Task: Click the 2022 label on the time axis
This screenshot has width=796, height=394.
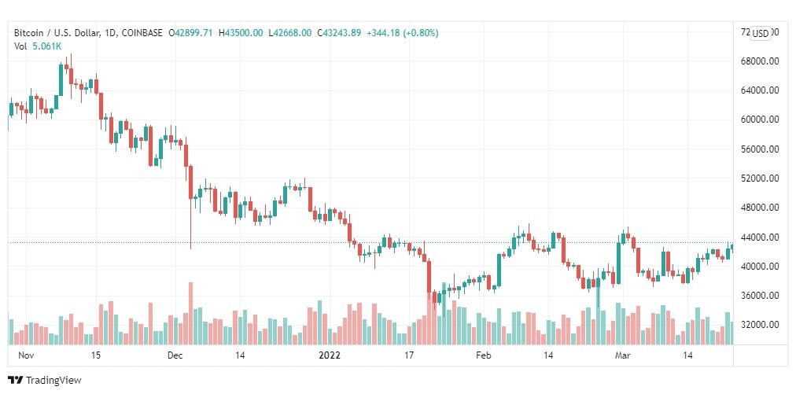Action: point(329,355)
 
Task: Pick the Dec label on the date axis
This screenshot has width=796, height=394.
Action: point(175,355)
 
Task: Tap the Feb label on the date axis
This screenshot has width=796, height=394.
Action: point(483,355)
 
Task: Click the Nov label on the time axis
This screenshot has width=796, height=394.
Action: point(26,355)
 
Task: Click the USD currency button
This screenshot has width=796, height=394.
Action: point(761,33)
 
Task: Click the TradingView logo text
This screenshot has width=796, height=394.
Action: point(53,381)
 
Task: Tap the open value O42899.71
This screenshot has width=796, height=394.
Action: point(192,33)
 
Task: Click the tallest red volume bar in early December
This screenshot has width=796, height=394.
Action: point(190,313)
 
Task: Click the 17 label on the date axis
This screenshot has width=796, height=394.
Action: point(409,355)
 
